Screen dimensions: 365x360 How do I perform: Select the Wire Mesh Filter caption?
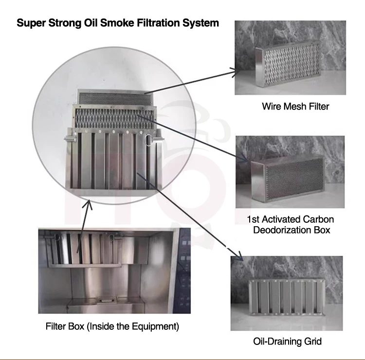point(295,106)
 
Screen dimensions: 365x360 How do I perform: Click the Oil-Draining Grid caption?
point(287,342)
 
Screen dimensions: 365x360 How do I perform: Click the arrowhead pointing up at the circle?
point(89,204)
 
